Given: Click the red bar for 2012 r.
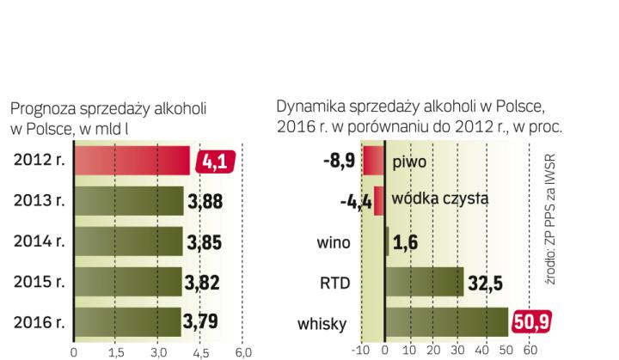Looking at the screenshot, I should [x=132, y=162].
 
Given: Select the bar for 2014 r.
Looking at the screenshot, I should [x=128, y=241].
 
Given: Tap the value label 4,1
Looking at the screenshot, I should [x=215, y=162].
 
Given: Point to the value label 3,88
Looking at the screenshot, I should [x=206, y=202].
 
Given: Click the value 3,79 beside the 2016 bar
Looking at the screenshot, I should [x=201, y=323].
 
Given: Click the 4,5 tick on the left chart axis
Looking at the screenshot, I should [x=199, y=352].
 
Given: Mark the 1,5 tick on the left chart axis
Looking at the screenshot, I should [x=116, y=352].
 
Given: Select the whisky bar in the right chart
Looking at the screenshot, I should [x=446, y=323].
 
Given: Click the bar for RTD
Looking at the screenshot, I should [x=424, y=283].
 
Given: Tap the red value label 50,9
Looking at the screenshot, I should [x=531, y=323].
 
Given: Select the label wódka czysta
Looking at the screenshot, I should [x=439, y=199].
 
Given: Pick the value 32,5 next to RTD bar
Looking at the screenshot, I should [x=485, y=283].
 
